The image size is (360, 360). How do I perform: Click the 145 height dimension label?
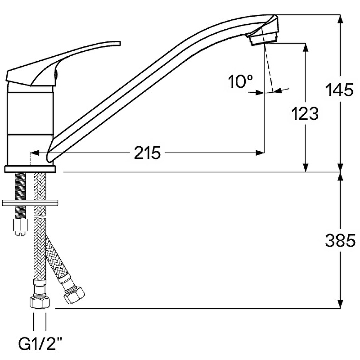[x=339, y=90]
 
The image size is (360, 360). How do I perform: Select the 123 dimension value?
[x=305, y=113]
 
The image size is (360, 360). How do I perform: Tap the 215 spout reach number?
[x=147, y=153]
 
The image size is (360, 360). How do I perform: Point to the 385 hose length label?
[x=340, y=240]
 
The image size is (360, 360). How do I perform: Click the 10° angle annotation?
[x=240, y=81]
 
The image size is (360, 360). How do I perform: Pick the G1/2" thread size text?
[x=40, y=343]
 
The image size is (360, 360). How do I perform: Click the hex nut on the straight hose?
[x=40, y=302]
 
